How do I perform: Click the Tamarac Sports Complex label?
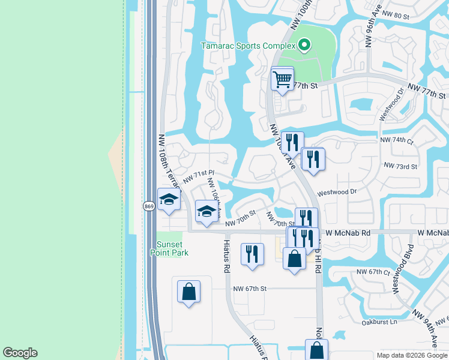(x=249, y=46)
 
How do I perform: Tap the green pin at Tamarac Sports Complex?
(x=304, y=44)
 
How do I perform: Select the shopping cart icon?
(x=282, y=78)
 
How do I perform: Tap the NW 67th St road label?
(x=250, y=289)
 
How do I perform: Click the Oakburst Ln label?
(x=381, y=322)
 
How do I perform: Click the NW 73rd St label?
(x=400, y=166)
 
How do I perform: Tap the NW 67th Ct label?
(x=373, y=272)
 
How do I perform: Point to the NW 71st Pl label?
(x=198, y=176)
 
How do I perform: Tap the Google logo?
(x=20, y=353)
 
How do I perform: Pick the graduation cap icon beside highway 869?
(x=169, y=200)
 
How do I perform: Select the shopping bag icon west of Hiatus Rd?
(x=188, y=292)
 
